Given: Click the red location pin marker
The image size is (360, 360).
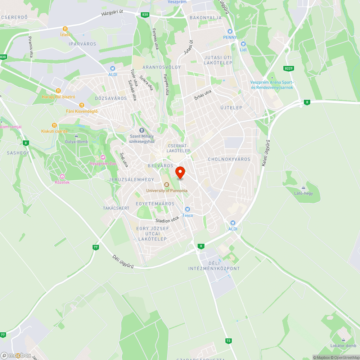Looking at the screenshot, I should [180, 172].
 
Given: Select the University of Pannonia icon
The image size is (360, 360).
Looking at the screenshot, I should [166, 185].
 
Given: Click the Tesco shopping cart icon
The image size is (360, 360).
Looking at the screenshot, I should [187, 209].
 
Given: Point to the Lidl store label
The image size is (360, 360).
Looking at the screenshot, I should [243, 49].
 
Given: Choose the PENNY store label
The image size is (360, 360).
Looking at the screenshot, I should [230, 37].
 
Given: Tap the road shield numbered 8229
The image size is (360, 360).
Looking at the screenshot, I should [288, 68].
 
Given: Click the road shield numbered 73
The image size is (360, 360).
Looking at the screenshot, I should [228, 341].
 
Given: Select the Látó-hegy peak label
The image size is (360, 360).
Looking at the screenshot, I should [303, 193].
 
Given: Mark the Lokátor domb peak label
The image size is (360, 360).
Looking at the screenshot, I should [343, 346].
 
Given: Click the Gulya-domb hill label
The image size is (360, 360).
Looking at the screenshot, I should [76, 141].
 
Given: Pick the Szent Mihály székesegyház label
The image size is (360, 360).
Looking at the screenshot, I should [142, 139].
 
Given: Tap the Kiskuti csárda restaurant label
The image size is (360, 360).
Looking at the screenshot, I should [54, 131].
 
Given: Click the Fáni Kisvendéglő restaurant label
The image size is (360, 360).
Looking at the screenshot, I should [82, 111].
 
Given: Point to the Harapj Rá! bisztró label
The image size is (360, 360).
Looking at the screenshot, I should [58, 96].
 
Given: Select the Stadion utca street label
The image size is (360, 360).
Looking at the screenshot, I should [167, 219].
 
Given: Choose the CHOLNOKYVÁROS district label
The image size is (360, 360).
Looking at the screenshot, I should [229, 159].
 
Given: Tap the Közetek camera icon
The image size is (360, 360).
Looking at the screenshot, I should [62, 176].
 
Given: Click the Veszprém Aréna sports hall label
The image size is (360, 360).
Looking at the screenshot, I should [272, 85].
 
